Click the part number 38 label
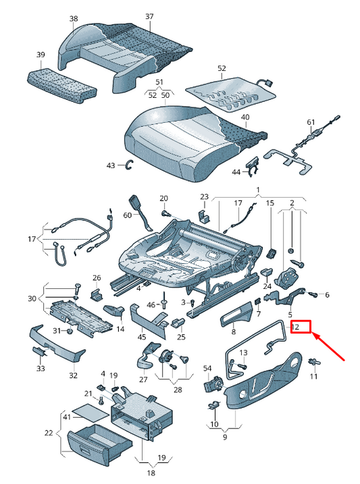[74, 19]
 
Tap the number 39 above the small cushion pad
[41, 55]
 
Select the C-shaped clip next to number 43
[130, 165]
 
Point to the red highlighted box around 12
[300, 327]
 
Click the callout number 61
[311, 122]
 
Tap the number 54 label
[207, 369]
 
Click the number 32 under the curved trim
[73, 375]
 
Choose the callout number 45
[142, 336]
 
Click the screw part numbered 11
[315, 362]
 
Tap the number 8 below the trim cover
[234, 332]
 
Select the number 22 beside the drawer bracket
[49, 433]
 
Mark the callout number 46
[151, 305]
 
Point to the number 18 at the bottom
[151, 473]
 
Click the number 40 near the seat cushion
[245, 117]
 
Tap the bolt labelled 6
[313, 294]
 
